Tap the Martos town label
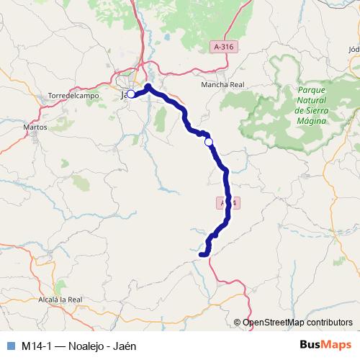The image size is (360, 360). pos(35,127)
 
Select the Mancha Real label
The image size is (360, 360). pos(222,84)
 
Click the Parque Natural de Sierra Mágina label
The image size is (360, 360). pos(310,105)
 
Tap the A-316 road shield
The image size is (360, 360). pos(225,46)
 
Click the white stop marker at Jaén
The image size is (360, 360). pos(131,94)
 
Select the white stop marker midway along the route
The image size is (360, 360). pos(209,143)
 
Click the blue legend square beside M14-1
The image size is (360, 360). pos(9,345)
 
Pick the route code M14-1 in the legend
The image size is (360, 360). pos(36,345)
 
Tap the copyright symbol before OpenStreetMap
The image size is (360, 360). pos(238,323)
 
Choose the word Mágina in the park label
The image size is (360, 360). pos(310,121)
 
